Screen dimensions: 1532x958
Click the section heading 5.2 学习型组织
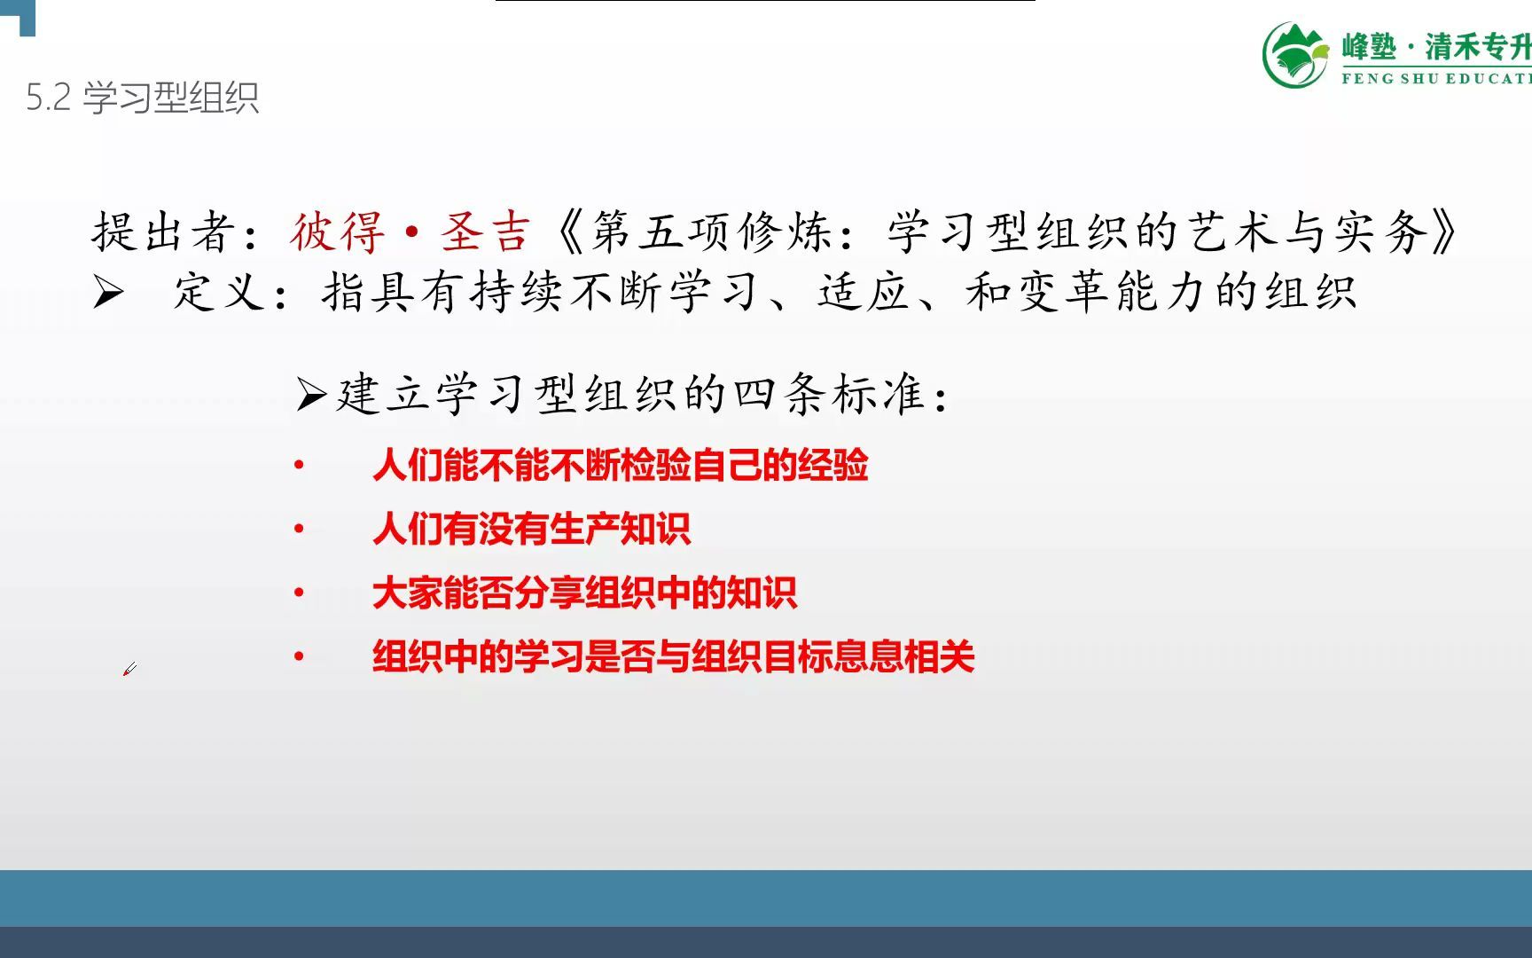pyautogui.click(x=142, y=98)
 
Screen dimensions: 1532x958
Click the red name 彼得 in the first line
pyautogui.click(x=338, y=232)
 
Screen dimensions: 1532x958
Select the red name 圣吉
pyautogui.click(x=486, y=232)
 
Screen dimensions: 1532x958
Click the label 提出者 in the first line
pyautogui.click(x=164, y=232)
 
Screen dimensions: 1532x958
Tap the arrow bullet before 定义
pyautogui.click(x=108, y=291)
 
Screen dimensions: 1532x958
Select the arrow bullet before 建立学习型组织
pyautogui.click(x=311, y=394)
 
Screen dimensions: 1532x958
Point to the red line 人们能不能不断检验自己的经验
pyautogui.click(x=621, y=465)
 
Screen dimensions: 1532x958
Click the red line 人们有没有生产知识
pyautogui.click(x=532, y=529)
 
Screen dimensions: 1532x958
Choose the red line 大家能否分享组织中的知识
pyautogui.click(x=585, y=593)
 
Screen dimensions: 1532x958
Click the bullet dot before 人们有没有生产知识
pyautogui.click(x=300, y=529)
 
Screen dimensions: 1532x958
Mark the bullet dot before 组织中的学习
pyautogui.click(x=300, y=656)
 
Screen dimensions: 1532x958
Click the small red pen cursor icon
pyautogui.click(x=129, y=669)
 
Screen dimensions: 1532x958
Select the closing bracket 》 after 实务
pyautogui.click(x=1443, y=232)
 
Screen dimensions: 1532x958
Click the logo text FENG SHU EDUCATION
pyautogui.click(x=1436, y=78)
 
